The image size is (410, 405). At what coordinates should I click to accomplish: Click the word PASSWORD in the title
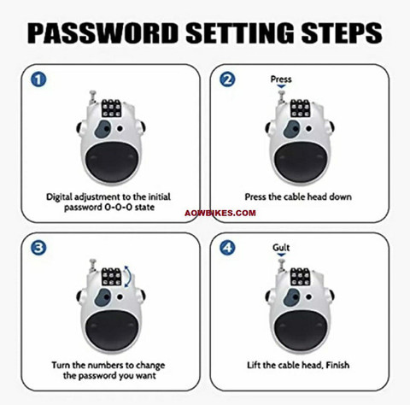[x=102, y=32]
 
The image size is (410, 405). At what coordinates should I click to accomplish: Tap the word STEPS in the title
[x=342, y=32]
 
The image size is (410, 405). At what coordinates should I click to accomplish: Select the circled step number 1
[x=38, y=79]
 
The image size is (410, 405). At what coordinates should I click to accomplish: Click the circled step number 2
[x=227, y=79]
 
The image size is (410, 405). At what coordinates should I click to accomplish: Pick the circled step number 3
[x=38, y=248]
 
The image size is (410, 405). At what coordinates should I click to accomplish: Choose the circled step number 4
[x=227, y=248]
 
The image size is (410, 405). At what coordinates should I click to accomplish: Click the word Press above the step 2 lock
[x=281, y=79]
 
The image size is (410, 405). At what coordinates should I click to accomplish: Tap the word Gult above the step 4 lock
[x=281, y=247]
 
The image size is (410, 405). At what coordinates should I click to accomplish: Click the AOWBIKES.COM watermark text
[x=220, y=213]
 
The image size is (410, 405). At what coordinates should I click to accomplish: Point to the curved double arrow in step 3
[x=129, y=276]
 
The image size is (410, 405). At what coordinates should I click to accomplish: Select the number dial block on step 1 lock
[x=111, y=109]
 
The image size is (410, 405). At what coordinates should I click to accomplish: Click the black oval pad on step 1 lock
[x=112, y=161]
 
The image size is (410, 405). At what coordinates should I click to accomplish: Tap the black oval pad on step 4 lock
[x=301, y=329]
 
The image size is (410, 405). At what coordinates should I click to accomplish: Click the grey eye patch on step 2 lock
[x=292, y=129]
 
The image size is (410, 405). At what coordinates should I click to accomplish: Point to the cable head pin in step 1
[x=93, y=97]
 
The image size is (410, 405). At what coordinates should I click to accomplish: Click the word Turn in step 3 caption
[x=61, y=365]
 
